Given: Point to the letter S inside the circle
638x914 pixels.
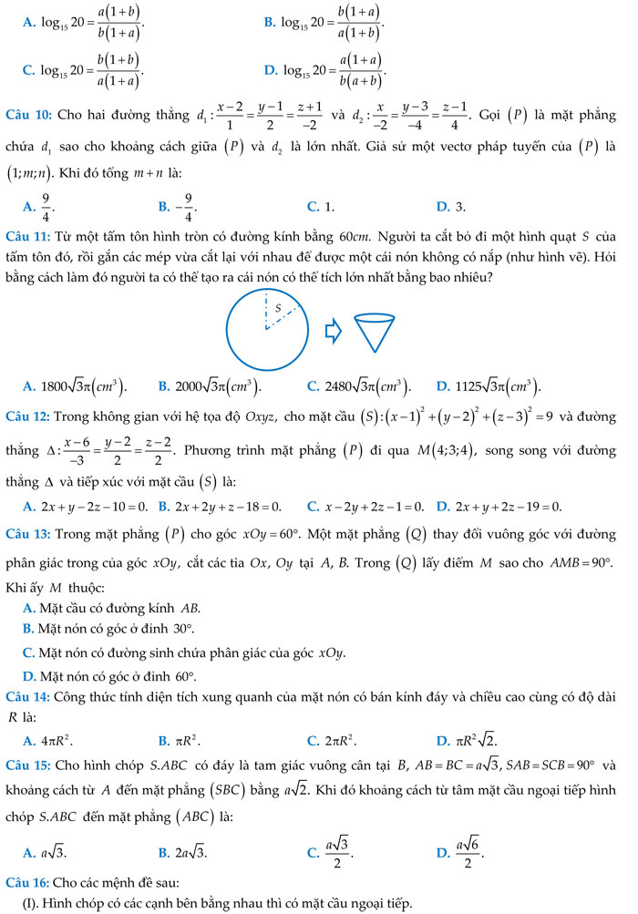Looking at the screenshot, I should pos(279,310).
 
